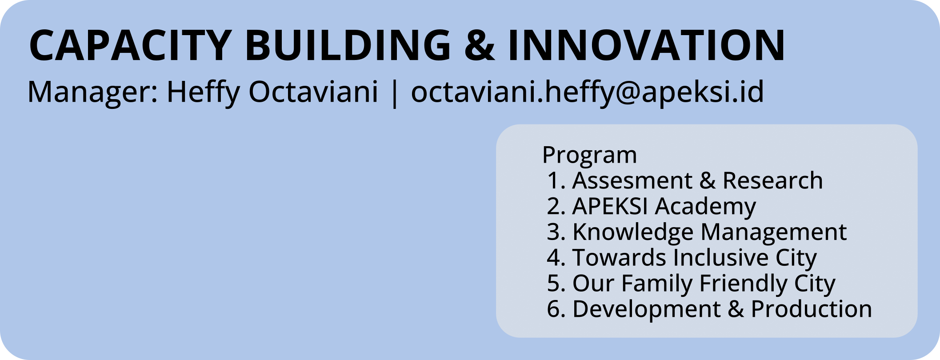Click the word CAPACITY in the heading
coord(130,45)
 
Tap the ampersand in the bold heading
coord(480,45)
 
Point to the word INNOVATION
coord(647,45)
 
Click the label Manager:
coord(93,92)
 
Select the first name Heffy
coord(203,92)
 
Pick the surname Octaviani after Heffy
coord(313,92)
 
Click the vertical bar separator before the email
coord(394,93)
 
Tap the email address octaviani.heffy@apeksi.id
coord(588,92)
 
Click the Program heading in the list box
coord(590,156)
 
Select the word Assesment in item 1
coord(632,180)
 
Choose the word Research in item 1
coord(773,180)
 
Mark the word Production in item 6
coord(812,309)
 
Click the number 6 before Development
coord(553,309)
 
